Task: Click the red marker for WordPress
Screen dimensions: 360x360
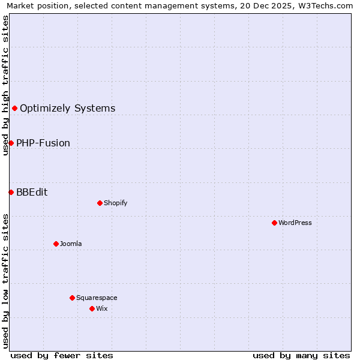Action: coord(274,223)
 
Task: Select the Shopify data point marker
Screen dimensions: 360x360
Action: coord(100,203)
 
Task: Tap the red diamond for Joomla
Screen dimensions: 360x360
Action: coord(56,244)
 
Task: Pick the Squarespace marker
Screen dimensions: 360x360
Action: coord(72,298)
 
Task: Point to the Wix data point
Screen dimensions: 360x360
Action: coord(92,308)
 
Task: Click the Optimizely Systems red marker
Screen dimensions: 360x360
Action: coord(14,108)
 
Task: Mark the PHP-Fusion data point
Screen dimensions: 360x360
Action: coord(11,143)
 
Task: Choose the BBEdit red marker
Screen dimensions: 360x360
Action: coord(11,192)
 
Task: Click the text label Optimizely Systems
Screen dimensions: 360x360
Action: coord(67,109)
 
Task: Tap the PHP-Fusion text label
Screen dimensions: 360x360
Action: coord(43,143)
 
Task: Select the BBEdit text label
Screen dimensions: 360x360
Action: coord(32,193)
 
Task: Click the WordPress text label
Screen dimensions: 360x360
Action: coord(295,223)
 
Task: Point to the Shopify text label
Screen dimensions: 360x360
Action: coord(115,203)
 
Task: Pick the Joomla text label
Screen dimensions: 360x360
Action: coord(71,244)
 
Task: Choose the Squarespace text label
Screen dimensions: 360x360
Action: coord(97,298)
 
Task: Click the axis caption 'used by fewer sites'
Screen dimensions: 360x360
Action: coord(62,355)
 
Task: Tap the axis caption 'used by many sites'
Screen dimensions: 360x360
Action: coord(301,355)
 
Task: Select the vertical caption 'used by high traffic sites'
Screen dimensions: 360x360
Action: coord(5,85)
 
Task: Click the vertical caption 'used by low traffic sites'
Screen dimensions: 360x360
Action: coord(5,281)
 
